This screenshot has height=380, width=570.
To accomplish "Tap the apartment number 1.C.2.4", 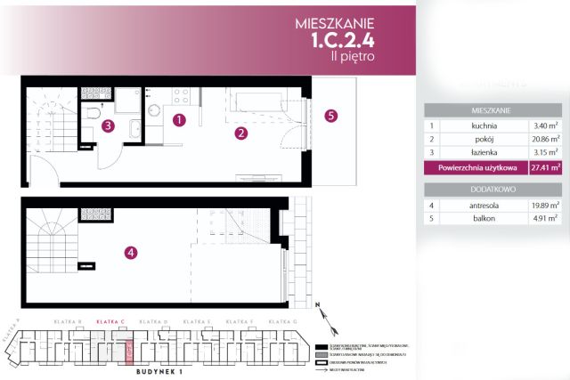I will pyautogui.click(x=343, y=40).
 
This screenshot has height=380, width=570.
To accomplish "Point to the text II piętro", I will pyautogui.click(x=352, y=57).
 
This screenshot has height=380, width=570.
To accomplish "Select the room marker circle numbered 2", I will pyautogui.click(x=240, y=134).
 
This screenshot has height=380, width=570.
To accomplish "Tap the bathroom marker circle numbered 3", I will pyautogui.click(x=108, y=126).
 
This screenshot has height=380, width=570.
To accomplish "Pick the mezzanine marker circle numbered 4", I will pyautogui.click(x=131, y=253).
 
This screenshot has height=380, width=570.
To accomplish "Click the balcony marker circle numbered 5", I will pyautogui.click(x=330, y=116).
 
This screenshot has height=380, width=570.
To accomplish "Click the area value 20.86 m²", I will pyautogui.click(x=543, y=140).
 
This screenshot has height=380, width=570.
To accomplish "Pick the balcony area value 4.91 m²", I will pyautogui.click(x=543, y=219).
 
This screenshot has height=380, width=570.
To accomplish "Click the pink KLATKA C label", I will pyautogui.click(x=110, y=320).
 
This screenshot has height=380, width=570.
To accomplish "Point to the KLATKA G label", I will pyautogui.click(x=281, y=320).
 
